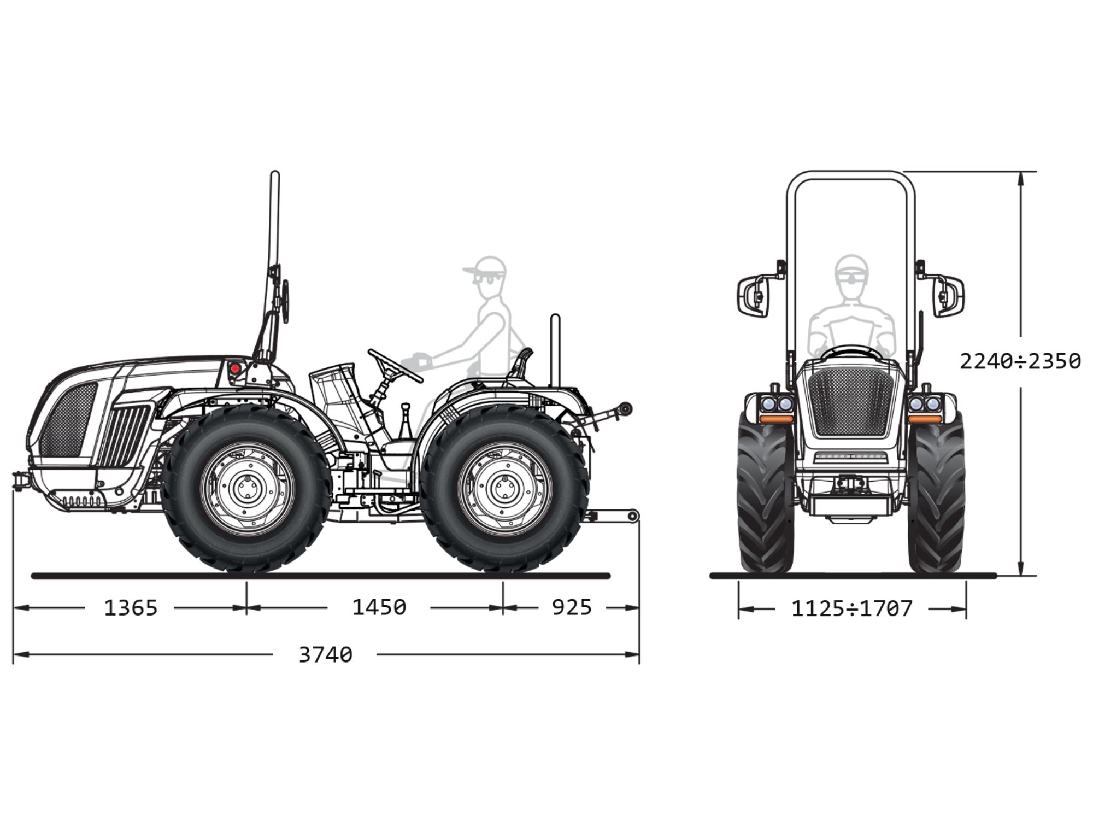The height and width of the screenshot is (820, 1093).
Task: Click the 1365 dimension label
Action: coord(131,607)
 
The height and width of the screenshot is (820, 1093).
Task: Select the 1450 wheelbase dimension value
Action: coord(379,607)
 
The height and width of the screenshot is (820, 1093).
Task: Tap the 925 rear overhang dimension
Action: coord(572,607)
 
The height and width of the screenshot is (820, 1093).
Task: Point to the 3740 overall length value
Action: coord(325,654)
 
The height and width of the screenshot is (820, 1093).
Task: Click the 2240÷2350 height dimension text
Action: coord(1020,361)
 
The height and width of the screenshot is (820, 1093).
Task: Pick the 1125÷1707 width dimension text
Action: coord(852,608)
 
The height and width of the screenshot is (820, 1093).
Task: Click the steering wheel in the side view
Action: coord(395,366)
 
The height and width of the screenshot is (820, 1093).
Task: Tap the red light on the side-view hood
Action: coord(235,368)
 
